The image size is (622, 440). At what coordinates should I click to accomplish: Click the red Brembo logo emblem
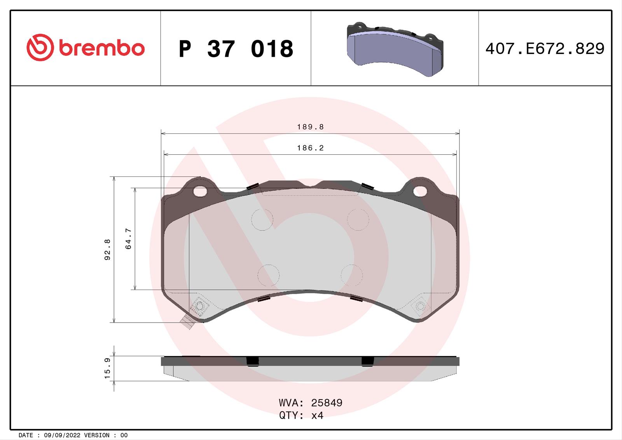click(x=40, y=47)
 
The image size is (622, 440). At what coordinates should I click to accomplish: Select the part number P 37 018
click(x=236, y=49)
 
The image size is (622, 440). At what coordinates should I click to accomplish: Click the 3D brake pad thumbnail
click(x=394, y=49)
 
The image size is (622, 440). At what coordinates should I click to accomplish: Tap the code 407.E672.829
click(x=545, y=49)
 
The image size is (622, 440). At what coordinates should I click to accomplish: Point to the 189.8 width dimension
click(x=310, y=127)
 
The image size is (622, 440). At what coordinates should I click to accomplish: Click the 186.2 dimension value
click(x=310, y=148)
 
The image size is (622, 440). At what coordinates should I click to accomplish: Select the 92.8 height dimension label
click(x=108, y=250)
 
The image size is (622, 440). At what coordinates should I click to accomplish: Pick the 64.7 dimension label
click(x=129, y=239)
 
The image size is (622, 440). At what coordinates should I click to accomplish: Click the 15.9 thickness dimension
click(x=108, y=368)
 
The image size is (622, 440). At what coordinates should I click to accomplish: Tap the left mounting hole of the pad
click(x=200, y=191)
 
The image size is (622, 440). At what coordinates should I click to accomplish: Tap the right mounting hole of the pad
click(x=419, y=191)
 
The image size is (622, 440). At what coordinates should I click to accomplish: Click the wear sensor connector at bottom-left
click(x=188, y=323)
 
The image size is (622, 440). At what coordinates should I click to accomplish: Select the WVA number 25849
click(x=327, y=403)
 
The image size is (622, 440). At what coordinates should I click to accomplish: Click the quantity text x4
click(x=317, y=416)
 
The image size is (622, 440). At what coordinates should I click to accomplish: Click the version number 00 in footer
click(x=124, y=435)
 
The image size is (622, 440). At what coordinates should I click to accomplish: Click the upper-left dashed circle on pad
click(x=262, y=220)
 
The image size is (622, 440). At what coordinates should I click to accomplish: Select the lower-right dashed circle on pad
click(x=352, y=275)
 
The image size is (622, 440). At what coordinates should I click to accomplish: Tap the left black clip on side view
click(x=253, y=361)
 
